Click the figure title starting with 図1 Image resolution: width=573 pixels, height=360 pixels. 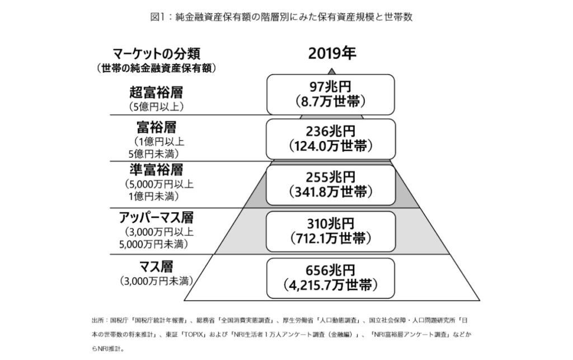click(x=281, y=17)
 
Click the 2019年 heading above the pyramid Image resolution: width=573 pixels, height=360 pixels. click(x=332, y=53)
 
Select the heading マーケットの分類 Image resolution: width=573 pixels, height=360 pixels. click(x=157, y=54)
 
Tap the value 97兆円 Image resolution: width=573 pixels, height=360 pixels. click(x=330, y=87)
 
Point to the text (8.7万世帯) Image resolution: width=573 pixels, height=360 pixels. click(x=330, y=101)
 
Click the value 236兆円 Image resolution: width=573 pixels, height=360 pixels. click(x=330, y=131)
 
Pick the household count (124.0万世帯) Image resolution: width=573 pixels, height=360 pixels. click(x=330, y=146)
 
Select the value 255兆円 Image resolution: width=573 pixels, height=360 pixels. click(x=330, y=177)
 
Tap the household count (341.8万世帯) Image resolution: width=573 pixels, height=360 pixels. click(x=330, y=192)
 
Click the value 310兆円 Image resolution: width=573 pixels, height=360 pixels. click(x=330, y=224)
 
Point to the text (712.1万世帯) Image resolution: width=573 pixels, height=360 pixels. click(x=330, y=239)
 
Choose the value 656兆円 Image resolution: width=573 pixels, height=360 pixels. click(x=330, y=270)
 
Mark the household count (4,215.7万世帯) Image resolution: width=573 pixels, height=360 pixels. click(x=330, y=285)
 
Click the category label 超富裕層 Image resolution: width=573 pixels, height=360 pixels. click(x=156, y=92)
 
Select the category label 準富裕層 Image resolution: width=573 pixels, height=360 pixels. click(x=156, y=170)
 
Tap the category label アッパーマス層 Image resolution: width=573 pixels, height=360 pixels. click(x=156, y=217)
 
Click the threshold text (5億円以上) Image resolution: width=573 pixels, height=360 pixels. click(x=156, y=107)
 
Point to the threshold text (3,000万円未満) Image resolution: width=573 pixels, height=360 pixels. click(x=156, y=282)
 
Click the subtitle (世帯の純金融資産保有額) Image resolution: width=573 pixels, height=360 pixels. click(x=157, y=68)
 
